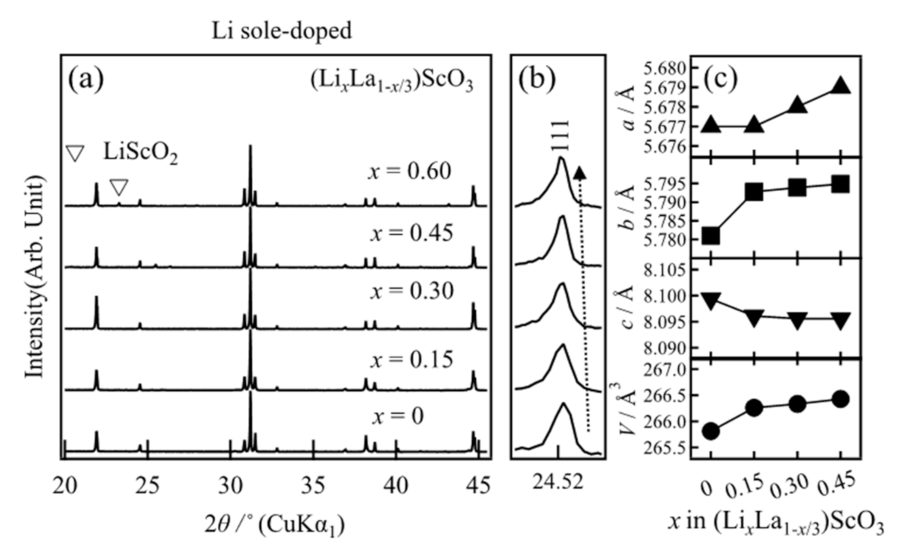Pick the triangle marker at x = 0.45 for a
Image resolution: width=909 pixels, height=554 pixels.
click(x=841, y=85)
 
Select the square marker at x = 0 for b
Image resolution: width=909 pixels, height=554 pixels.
click(x=711, y=236)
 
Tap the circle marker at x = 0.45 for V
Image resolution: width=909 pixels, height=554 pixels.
click(x=841, y=398)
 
